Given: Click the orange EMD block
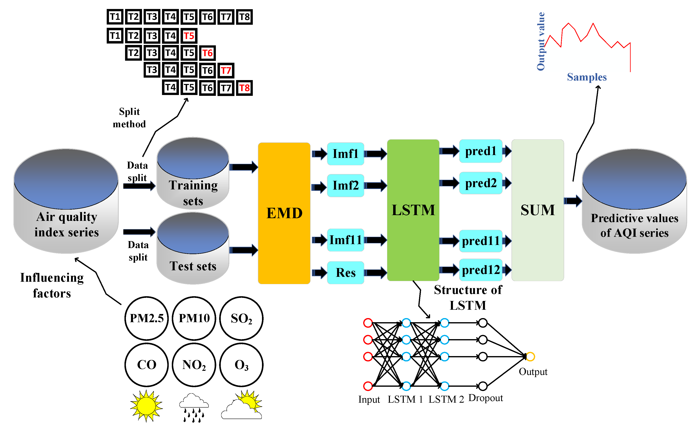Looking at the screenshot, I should [x=284, y=213].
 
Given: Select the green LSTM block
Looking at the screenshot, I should [x=413, y=210].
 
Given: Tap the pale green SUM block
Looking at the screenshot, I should [x=538, y=210].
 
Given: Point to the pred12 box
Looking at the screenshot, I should [x=480, y=270].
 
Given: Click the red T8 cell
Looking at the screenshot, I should [x=244, y=88].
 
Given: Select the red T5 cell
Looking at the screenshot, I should [x=189, y=36].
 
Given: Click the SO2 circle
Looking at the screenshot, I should [x=241, y=318].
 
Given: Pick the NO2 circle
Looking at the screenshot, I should [x=194, y=365].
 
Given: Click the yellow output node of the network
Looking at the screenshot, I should [x=530, y=356].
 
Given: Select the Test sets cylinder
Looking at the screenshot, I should [x=193, y=250].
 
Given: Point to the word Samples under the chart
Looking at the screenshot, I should [x=587, y=77].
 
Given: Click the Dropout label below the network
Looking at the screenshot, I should [x=485, y=398].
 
